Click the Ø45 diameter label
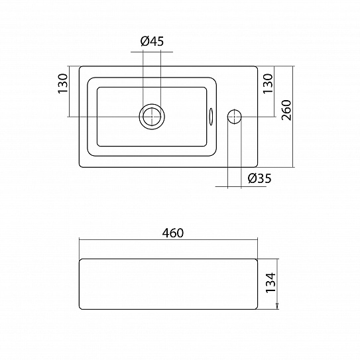point(152,41)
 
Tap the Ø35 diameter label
point(260,178)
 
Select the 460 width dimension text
point(173,233)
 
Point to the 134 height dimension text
point(271,282)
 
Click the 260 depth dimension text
point(286,110)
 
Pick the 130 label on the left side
point(63,84)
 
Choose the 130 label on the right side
point(268,84)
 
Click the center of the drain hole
point(152,117)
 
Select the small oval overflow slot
point(211,117)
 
